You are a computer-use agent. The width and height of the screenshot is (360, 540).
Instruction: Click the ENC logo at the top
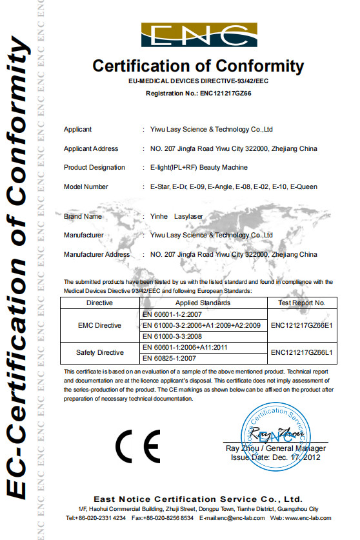[x=199, y=36]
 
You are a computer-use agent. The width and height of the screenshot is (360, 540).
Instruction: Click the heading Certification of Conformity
[x=198, y=66]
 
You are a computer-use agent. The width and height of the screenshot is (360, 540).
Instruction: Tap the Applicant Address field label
[x=91, y=148]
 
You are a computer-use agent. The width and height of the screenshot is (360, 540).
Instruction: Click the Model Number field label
[x=86, y=186]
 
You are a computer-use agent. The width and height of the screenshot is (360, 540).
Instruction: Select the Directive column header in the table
[x=99, y=302]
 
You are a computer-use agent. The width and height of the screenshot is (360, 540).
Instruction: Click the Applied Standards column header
[x=203, y=302]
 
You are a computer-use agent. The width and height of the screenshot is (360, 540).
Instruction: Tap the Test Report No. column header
[x=302, y=302]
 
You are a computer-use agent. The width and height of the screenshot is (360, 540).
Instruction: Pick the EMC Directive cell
[x=99, y=326]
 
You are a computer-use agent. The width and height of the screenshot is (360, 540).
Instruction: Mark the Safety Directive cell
[x=99, y=352]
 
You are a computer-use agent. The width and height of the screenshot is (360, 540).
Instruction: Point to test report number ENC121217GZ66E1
[x=302, y=326]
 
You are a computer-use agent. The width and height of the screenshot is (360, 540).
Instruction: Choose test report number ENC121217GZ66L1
[x=302, y=352]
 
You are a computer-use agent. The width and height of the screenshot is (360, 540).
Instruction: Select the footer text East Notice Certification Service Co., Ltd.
[x=197, y=499]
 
